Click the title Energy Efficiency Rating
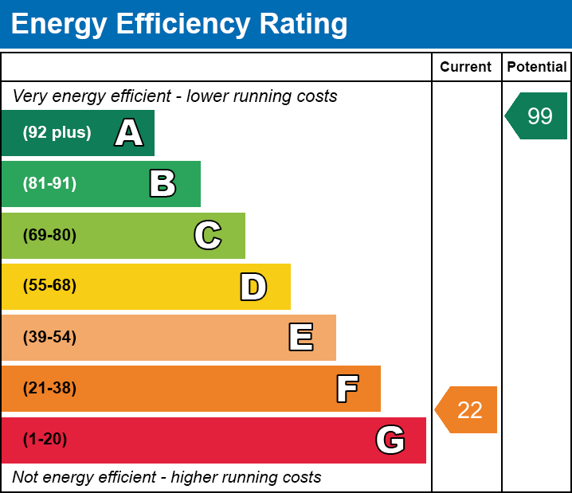[x=179, y=25]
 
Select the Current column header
[x=465, y=67]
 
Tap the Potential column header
[x=537, y=67]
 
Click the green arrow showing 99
[x=538, y=116]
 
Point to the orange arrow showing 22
[x=468, y=409]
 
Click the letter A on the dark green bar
[x=129, y=133]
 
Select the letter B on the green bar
[x=163, y=184]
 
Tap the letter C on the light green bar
[x=208, y=235]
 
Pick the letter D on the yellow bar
[x=253, y=287]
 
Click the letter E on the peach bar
[x=300, y=338]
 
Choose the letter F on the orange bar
[x=347, y=389]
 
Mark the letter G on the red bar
[x=390, y=440]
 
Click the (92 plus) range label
[x=57, y=133]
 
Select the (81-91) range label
[x=49, y=184]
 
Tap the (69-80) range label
[x=49, y=235]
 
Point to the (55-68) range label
[x=49, y=286]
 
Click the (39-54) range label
[x=49, y=337]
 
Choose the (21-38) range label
[x=49, y=389]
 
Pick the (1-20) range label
[x=45, y=440]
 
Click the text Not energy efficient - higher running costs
[x=167, y=478]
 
